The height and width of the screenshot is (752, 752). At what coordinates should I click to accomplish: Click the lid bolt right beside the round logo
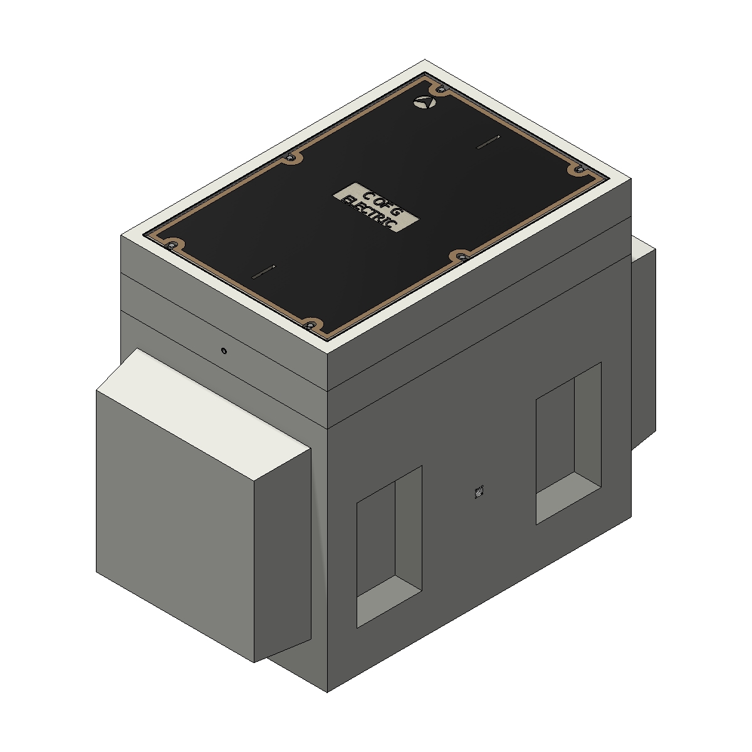pos(441,90)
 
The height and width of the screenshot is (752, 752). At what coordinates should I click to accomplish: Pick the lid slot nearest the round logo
pos(488,142)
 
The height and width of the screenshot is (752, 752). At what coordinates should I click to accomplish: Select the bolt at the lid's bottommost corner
pos(309,325)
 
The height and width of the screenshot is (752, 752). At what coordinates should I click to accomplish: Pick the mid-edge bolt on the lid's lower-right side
pos(462,256)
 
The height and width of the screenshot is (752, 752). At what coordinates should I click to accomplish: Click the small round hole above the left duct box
pos(224,350)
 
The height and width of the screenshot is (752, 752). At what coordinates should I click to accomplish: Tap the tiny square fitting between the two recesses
pos(479,493)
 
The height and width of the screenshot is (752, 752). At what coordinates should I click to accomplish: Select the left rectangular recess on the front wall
pos(389,545)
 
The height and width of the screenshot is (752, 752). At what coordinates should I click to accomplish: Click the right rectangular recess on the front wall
pos(568,442)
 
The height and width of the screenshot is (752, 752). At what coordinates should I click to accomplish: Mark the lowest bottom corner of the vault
pos(327,692)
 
